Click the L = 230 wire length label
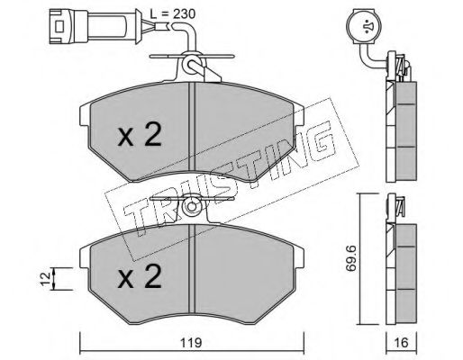click(x=173, y=13)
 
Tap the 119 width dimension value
click(x=192, y=343)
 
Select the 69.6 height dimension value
click(x=350, y=258)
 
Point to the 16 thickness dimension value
click(x=401, y=343)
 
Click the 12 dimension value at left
click(x=46, y=279)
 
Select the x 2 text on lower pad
click(x=140, y=276)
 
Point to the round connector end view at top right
click(x=364, y=26)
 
